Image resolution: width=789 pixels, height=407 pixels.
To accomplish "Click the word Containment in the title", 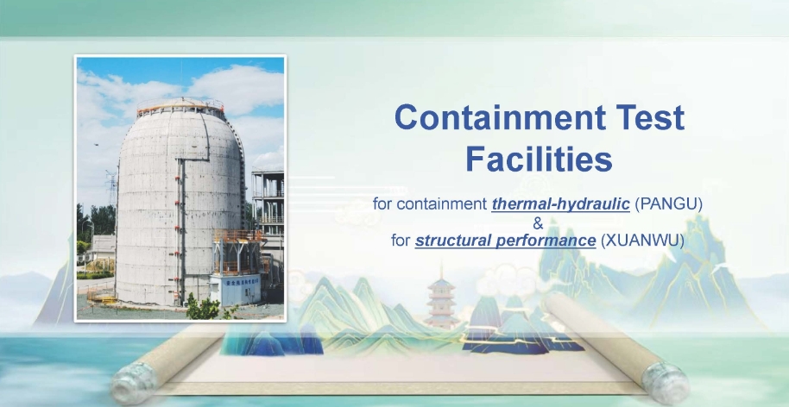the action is click(x=500, y=117).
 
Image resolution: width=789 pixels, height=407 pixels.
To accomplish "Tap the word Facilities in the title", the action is click(x=539, y=159).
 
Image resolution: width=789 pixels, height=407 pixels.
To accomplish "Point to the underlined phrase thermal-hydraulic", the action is click(x=560, y=204).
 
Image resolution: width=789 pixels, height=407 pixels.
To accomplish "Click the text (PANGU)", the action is click(x=668, y=204).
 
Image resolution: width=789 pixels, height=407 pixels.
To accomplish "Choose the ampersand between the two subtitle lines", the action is click(x=538, y=222).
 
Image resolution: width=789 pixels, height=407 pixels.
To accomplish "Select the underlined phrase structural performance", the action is click(x=505, y=241).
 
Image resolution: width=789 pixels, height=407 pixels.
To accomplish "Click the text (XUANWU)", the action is click(x=642, y=241).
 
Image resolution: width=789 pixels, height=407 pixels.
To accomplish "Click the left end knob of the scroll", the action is click(x=133, y=382).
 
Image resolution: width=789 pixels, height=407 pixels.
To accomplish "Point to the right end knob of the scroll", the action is click(x=666, y=383).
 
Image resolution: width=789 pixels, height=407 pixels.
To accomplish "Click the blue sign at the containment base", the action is click(x=235, y=290).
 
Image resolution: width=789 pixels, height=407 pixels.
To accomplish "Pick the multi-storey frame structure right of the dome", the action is click(x=268, y=201).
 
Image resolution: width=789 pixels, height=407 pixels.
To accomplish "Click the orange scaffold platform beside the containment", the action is click(x=237, y=251).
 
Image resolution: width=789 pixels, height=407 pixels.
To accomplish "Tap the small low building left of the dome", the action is click(x=103, y=247).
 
